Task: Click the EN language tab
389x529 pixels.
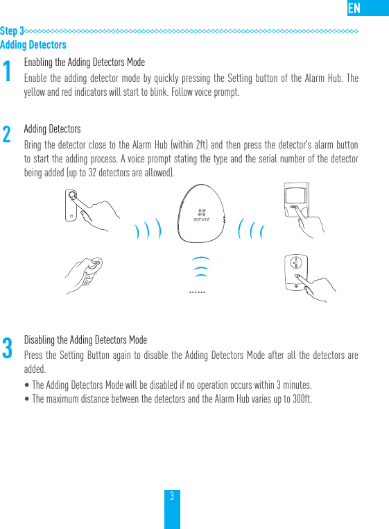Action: [354, 8]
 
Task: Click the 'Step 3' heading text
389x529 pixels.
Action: [12, 31]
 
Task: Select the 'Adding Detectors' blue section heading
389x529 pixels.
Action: [33, 44]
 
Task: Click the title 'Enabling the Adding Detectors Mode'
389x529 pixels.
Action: [84, 62]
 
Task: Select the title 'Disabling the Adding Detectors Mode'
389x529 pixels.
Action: [85, 340]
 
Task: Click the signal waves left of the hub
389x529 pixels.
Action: [148, 230]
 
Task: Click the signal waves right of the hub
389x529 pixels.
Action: [252, 230]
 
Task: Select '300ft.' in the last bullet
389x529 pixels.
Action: [301, 398]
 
